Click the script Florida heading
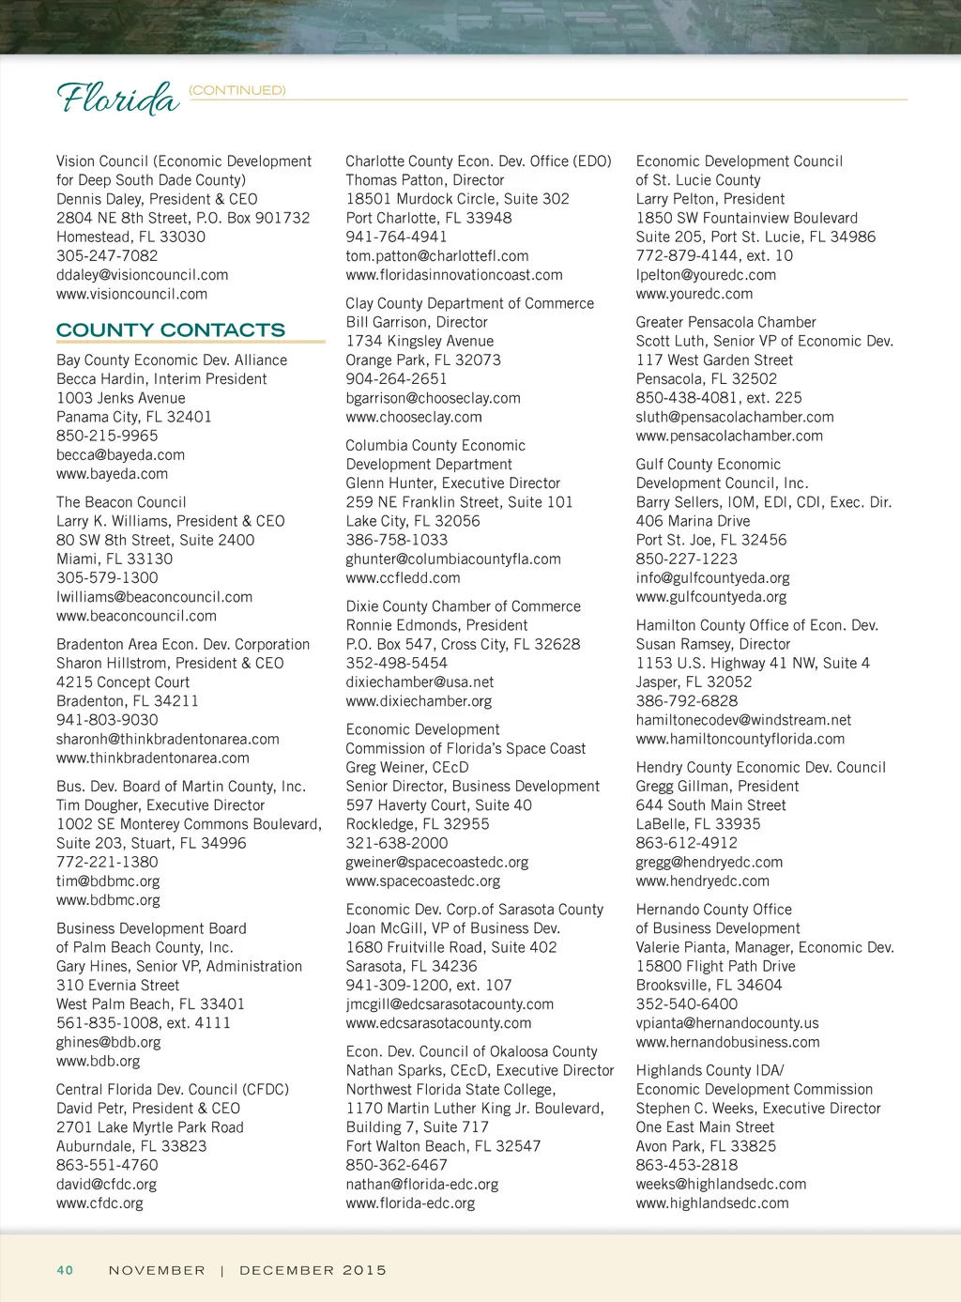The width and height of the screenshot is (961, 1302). (x=117, y=98)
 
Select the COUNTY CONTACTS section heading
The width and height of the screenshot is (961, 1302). (x=171, y=330)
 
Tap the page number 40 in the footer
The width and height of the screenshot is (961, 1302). (x=65, y=1270)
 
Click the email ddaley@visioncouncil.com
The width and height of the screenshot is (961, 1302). (x=143, y=275)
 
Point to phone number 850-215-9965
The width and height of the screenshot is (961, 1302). (x=107, y=436)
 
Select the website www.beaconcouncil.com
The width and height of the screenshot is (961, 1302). (x=136, y=616)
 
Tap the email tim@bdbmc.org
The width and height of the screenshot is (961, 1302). (x=108, y=881)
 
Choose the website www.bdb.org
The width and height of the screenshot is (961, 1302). (x=98, y=1061)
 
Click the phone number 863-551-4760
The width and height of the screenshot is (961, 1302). (x=107, y=1165)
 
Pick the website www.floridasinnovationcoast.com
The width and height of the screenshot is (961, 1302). (x=454, y=275)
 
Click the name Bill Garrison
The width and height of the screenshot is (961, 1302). (x=388, y=322)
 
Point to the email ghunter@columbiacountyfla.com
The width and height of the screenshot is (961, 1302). (x=453, y=559)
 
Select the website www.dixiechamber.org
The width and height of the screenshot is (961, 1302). (x=419, y=701)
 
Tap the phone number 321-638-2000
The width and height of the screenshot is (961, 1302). (x=397, y=843)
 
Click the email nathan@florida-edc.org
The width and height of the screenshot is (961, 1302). (x=422, y=1185)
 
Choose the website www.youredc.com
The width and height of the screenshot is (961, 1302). (x=694, y=294)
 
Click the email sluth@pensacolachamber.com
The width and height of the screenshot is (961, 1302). (x=735, y=417)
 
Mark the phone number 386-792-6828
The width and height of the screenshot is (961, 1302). (x=687, y=701)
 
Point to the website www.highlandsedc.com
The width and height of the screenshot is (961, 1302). (x=712, y=1203)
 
